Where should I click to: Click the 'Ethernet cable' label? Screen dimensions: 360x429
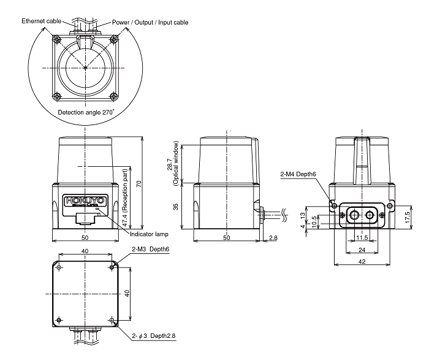pyautogui.click(x=42, y=21)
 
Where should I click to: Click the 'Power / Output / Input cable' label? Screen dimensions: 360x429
pyautogui.click(x=150, y=22)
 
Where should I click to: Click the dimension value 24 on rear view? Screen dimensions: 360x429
pyautogui.click(x=362, y=250)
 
